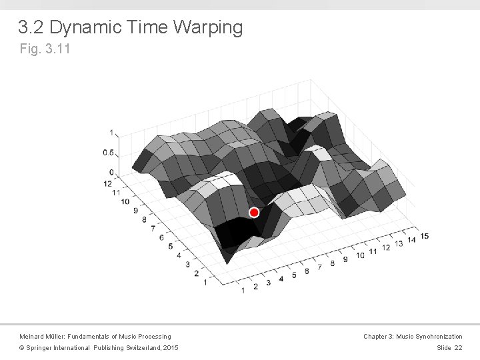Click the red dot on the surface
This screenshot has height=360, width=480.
click(254, 213)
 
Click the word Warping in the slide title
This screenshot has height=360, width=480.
click(208, 28)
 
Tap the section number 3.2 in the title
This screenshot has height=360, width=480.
click(31, 28)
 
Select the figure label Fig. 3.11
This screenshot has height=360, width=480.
click(44, 49)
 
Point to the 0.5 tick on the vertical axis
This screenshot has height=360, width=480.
click(107, 153)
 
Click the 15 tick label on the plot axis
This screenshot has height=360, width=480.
click(424, 236)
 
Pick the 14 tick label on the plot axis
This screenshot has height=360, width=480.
click(411, 239)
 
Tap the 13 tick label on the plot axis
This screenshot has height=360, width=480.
click(399, 243)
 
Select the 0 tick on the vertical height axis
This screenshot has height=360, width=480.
click(111, 173)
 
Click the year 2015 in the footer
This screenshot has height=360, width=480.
click(170, 348)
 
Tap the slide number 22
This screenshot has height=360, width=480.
click(458, 348)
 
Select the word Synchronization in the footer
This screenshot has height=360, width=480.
click(437, 337)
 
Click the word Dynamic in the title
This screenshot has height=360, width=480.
click(83, 28)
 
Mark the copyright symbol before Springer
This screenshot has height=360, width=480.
click(21, 348)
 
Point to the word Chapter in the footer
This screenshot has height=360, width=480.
click(376, 337)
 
